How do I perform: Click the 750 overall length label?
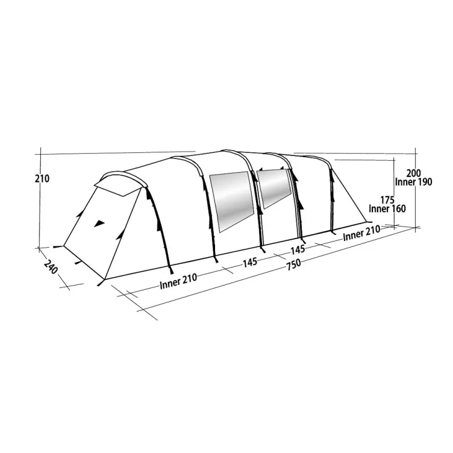(293, 263)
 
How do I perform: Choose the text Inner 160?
(387, 209)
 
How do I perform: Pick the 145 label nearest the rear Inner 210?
(298, 248)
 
